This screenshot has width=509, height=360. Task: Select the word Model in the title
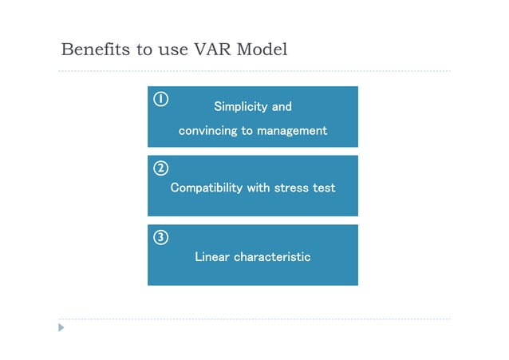tap(264, 49)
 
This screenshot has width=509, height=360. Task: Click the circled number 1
tap(160, 99)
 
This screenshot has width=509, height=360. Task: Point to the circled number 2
tap(160, 168)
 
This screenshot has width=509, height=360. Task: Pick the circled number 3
tap(160, 237)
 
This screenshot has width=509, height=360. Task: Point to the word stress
tap(292, 188)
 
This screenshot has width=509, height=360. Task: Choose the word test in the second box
tap(325, 188)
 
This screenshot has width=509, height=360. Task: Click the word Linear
tap(212, 257)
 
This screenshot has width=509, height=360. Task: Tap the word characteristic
tap(272, 257)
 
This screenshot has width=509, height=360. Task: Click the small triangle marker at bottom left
tap(61, 327)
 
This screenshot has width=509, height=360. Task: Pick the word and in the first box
tap(282, 107)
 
